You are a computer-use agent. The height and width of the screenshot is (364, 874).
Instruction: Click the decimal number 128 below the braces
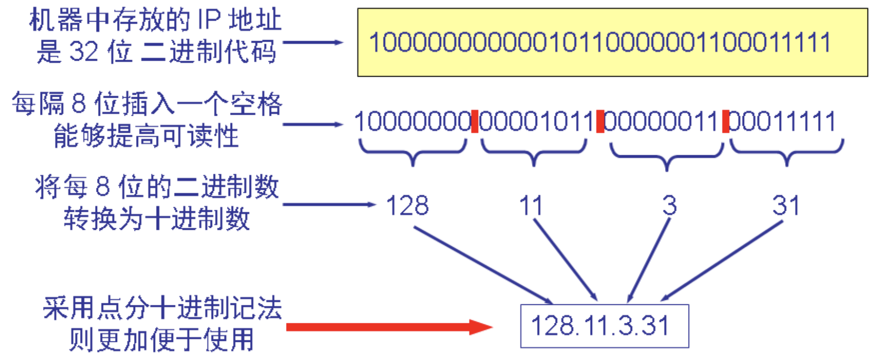(x=407, y=206)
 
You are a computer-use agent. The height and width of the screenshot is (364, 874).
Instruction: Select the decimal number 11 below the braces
(x=531, y=206)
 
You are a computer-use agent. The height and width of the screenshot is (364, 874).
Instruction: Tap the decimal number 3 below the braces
(x=669, y=206)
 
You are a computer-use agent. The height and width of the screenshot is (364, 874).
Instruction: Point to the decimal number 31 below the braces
(x=786, y=206)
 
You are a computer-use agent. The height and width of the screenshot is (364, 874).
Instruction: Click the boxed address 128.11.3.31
(x=604, y=326)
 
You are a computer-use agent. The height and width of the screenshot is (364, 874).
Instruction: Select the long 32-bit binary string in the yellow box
(x=600, y=43)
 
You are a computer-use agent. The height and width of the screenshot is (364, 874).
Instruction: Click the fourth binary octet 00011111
(x=783, y=122)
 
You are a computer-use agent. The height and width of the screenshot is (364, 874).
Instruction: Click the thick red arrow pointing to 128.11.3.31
(x=389, y=327)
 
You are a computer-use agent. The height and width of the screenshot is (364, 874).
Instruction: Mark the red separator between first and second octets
(x=475, y=122)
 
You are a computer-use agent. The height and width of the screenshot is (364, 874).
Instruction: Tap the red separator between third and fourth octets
(x=726, y=122)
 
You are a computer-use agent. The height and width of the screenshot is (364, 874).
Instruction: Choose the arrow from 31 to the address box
(x=722, y=261)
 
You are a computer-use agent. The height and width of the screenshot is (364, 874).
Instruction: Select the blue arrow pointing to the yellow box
(x=313, y=42)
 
